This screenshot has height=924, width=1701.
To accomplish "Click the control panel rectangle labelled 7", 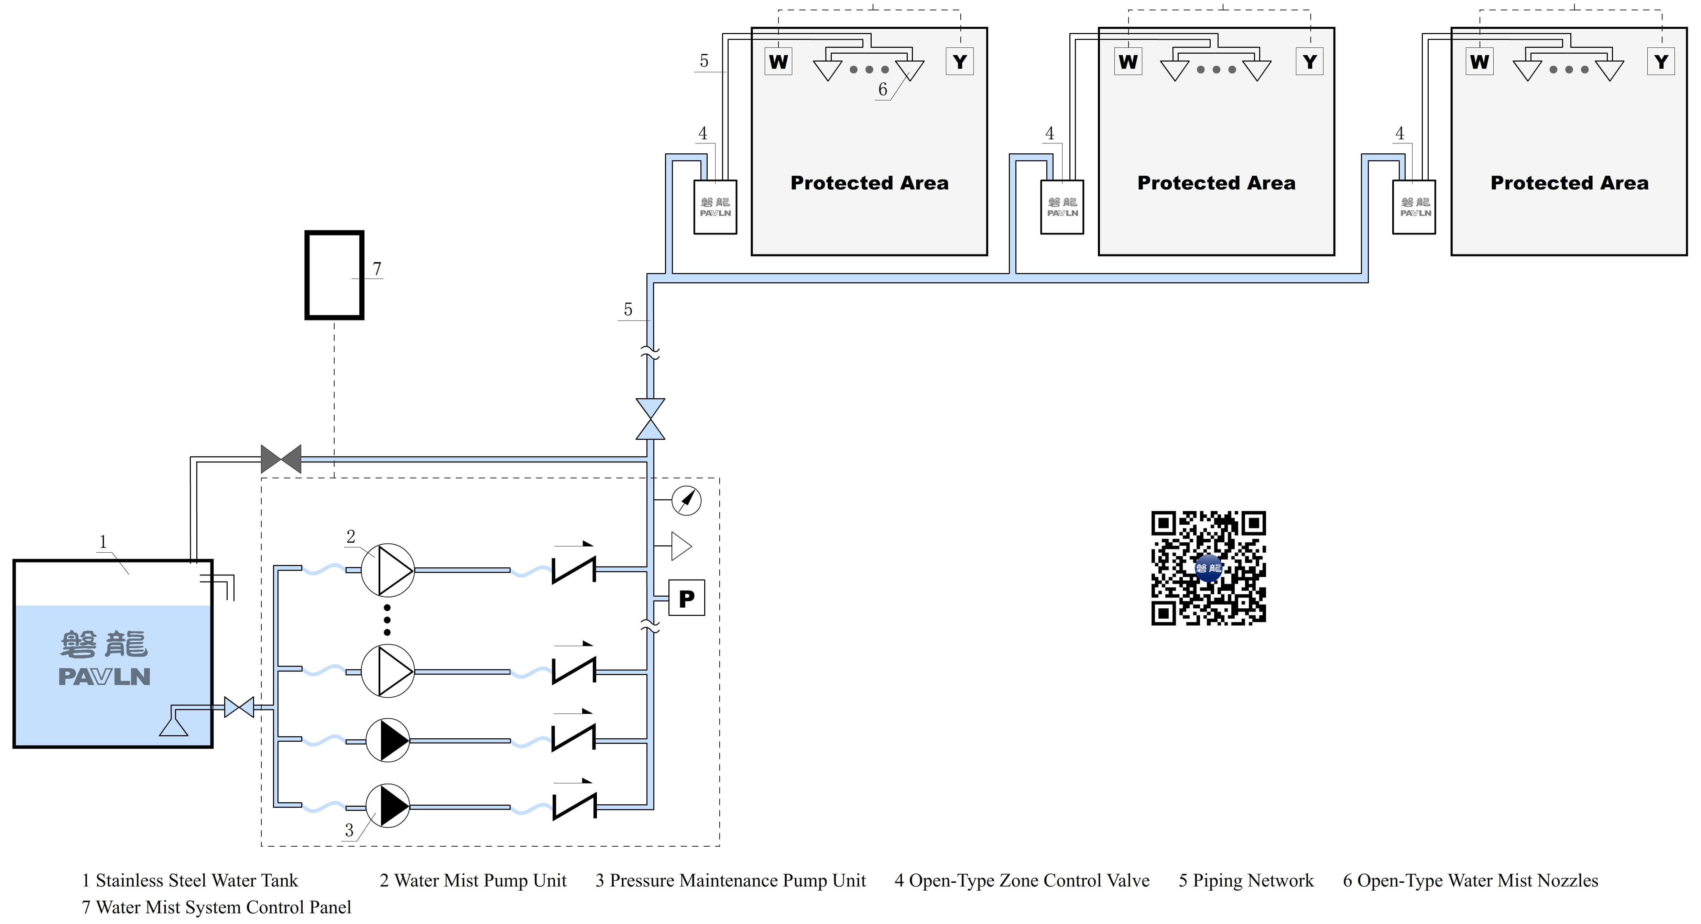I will coord(334,275).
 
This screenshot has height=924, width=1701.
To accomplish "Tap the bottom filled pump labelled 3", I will coord(388,806).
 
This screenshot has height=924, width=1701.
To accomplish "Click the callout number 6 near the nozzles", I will coord(882,89).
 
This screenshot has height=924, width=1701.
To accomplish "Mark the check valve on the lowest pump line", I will coord(573,806).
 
